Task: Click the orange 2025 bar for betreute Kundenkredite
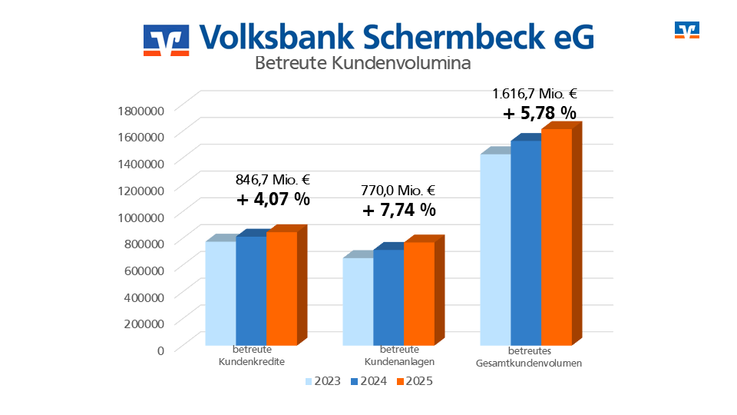tap(281, 288)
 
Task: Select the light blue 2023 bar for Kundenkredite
tap(220, 293)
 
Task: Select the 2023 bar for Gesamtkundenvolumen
tap(495, 250)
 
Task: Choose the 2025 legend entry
tap(415, 380)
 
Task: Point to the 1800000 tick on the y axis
tap(140, 110)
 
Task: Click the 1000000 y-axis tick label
tap(140, 217)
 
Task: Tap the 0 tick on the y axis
tap(160, 350)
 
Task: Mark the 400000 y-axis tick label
tap(143, 297)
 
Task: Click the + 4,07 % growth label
tap(273, 199)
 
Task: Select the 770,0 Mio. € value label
tap(398, 191)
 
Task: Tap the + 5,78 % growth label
tap(539, 113)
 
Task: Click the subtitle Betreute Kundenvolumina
tap(362, 63)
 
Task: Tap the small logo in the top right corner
tap(687, 30)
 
